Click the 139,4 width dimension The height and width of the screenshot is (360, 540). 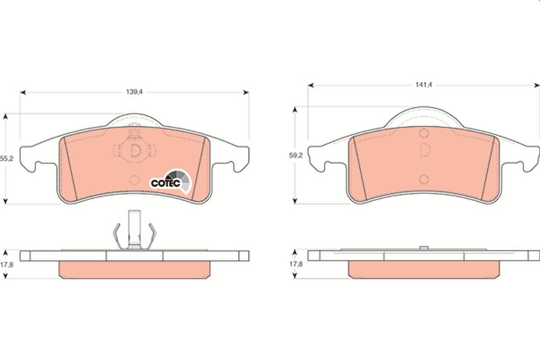click(x=134, y=92)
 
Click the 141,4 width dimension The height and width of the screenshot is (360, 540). click(x=424, y=85)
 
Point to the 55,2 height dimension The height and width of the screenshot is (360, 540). click(x=6, y=158)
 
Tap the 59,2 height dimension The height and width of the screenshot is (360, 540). click(x=296, y=156)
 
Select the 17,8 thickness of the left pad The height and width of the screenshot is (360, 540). click(x=6, y=265)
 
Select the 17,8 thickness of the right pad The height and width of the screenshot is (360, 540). click(x=296, y=264)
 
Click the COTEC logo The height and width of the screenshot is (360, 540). click(x=171, y=182)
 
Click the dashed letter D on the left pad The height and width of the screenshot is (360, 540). click(x=135, y=151)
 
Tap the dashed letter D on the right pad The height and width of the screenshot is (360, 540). click(x=425, y=149)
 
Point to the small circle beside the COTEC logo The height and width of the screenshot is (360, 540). click(x=134, y=180)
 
